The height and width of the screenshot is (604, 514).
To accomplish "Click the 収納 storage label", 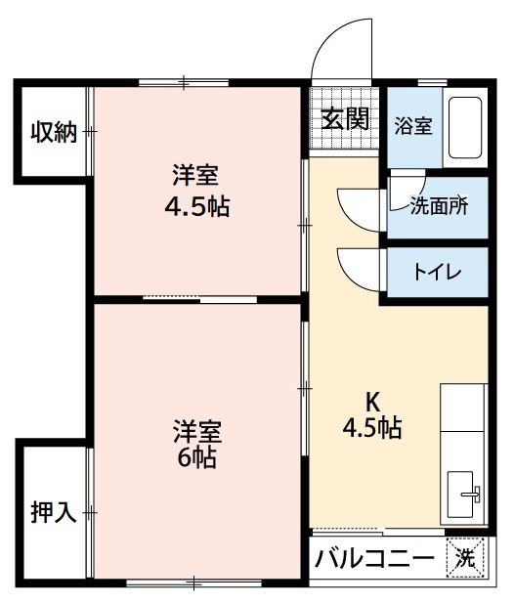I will [53, 132].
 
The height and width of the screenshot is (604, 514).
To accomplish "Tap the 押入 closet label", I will [53, 511].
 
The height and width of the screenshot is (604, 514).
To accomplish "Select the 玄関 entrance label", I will [345, 119].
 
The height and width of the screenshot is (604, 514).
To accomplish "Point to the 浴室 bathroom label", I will [413, 126].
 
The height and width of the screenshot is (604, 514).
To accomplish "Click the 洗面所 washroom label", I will [438, 205].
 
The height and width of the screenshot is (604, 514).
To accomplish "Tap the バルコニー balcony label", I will [374, 560].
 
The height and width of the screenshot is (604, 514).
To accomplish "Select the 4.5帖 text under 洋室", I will [196, 208].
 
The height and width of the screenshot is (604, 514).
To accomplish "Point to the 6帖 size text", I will [196, 457].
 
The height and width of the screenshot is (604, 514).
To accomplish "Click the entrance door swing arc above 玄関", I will [342, 49].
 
